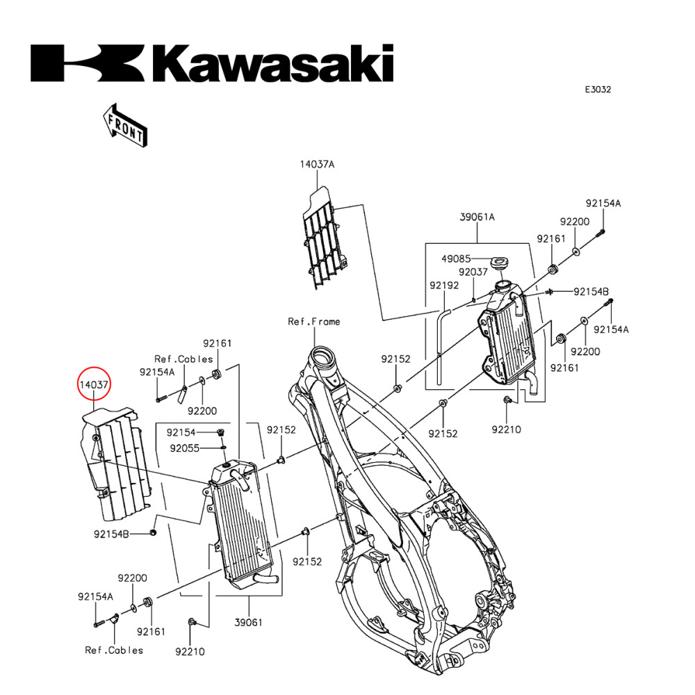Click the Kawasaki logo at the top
pyautogui.click(x=212, y=63)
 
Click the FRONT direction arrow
pyautogui.click(x=124, y=126)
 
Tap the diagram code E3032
pyautogui.click(x=597, y=90)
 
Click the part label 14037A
pyautogui.click(x=317, y=165)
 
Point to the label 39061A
pyautogui.click(x=477, y=217)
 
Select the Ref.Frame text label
pyautogui.click(x=314, y=322)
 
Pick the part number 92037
pyautogui.click(x=473, y=272)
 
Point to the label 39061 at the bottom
pyautogui.click(x=248, y=623)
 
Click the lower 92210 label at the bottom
pyautogui.click(x=190, y=651)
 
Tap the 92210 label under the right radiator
pyautogui.click(x=506, y=430)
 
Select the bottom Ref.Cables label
pyautogui.click(x=114, y=650)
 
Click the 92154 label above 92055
pyautogui.click(x=183, y=432)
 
